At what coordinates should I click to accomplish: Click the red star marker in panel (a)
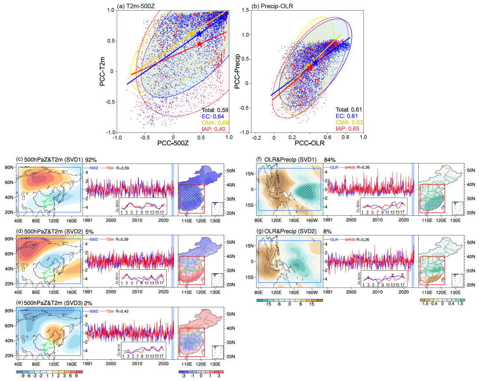(199, 44)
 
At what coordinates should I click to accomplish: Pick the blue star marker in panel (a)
(198, 34)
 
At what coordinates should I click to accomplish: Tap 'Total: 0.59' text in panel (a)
(215, 110)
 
